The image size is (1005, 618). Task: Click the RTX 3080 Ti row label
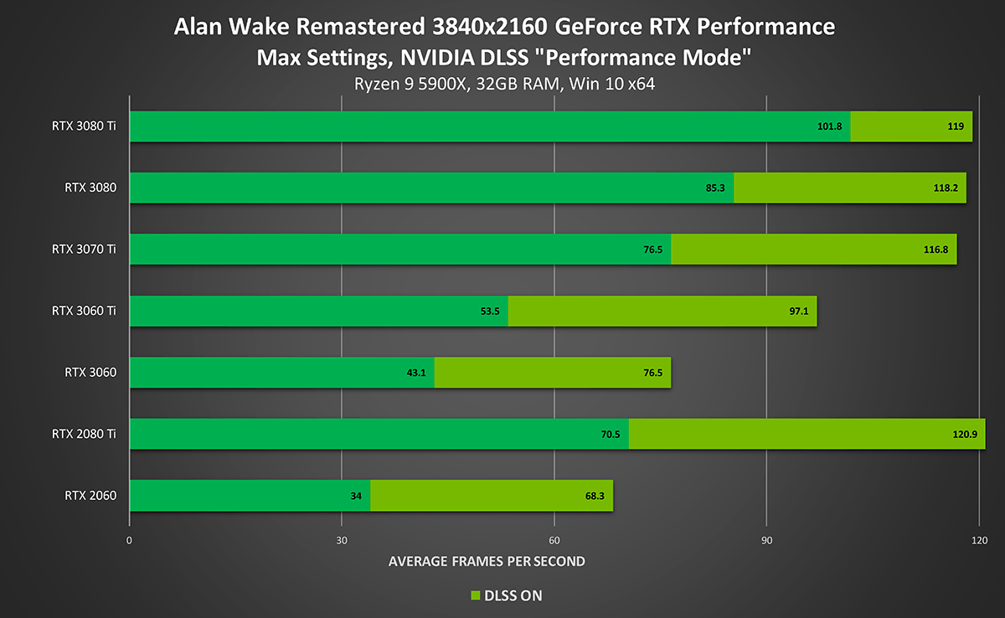(83, 126)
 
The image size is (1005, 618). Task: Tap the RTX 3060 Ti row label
(83, 311)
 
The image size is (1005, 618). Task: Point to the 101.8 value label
(829, 127)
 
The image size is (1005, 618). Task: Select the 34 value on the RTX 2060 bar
(355, 497)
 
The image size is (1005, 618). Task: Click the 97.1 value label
(795, 312)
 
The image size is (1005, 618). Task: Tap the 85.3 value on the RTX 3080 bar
(715, 188)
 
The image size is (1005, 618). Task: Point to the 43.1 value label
(416, 373)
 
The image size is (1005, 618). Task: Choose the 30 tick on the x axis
(342, 540)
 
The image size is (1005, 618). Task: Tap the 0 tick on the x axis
(130, 540)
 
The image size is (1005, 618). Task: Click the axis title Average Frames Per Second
(487, 561)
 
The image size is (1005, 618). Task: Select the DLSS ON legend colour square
(475, 596)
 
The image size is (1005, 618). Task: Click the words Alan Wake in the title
(222, 28)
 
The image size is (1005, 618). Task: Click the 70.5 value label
(610, 435)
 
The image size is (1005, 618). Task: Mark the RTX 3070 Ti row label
(83, 250)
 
